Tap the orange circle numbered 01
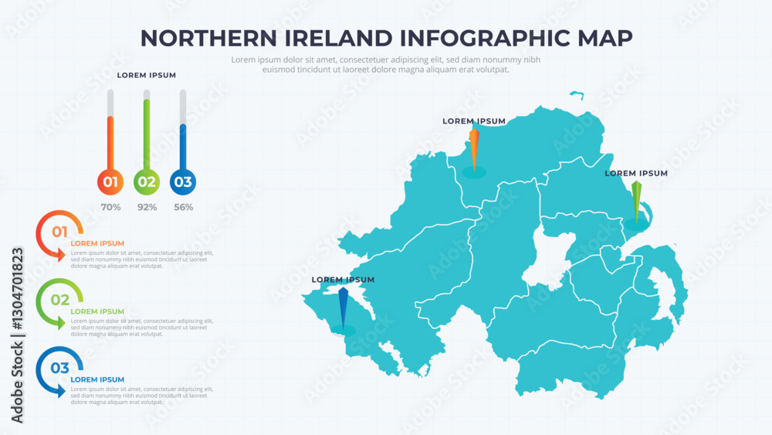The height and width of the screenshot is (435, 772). click(110, 182)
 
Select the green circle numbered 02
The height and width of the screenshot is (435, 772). click(147, 182)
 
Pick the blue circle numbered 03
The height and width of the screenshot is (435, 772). click(183, 182)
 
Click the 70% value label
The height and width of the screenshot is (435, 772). click(110, 207)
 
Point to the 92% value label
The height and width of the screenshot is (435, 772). click(147, 207)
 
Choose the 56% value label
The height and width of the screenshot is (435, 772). click(183, 207)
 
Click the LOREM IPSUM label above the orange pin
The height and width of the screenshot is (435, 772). click(474, 121)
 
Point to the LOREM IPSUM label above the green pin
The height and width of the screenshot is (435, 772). click(636, 174)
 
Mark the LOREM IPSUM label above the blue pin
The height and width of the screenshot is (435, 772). click(343, 280)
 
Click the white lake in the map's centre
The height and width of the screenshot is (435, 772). click(550, 263)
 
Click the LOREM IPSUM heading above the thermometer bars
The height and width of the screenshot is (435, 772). click(146, 76)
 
